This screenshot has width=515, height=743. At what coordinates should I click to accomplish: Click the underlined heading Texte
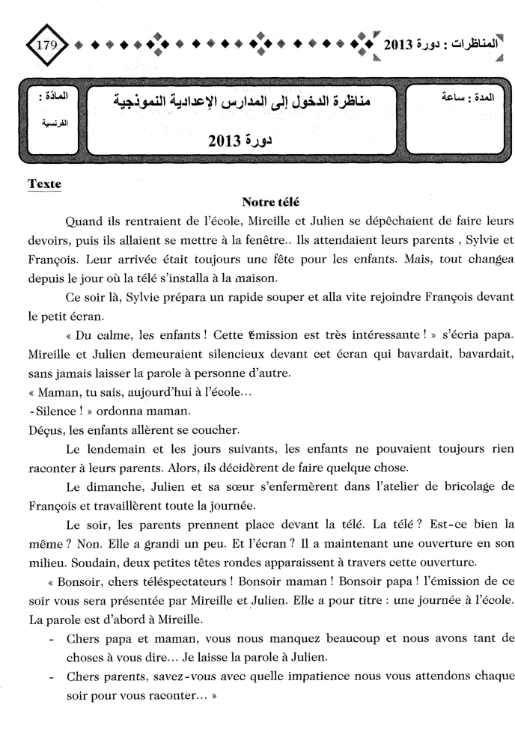click(x=44, y=183)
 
